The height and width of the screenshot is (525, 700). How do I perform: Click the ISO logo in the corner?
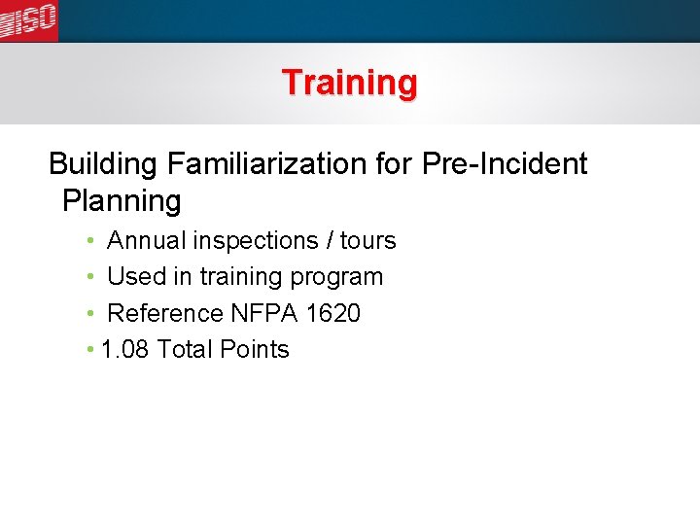click(28, 20)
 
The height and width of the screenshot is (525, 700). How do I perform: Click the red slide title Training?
click(349, 82)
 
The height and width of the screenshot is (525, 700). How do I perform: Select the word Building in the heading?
click(102, 164)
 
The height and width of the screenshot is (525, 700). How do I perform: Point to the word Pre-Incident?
click(505, 163)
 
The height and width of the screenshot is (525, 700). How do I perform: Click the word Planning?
click(122, 202)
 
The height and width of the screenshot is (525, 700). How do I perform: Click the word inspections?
click(256, 241)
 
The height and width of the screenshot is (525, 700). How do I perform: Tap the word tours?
click(367, 240)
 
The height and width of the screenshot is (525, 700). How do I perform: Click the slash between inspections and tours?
click(329, 240)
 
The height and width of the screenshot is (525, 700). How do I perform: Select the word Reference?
click(164, 314)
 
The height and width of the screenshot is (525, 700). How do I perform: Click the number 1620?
click(332, 314)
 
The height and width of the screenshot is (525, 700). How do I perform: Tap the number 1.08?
click(125, 350)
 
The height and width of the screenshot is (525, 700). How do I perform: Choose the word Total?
click(188, 350)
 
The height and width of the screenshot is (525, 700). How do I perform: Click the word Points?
click(258, 350)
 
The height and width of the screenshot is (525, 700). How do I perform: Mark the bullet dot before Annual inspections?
click(89, 240)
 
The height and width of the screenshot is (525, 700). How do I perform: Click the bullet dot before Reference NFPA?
click(89, 314)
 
